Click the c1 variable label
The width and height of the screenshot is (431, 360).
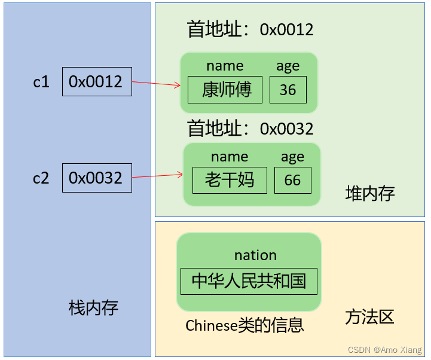41,82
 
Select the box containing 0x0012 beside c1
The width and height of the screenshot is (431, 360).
97,82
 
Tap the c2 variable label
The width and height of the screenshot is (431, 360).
41,178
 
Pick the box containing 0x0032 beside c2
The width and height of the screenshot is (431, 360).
97,178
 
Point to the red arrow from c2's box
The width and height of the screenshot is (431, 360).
157,176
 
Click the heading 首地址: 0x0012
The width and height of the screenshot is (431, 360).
250,30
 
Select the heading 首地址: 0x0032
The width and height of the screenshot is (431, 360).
250,129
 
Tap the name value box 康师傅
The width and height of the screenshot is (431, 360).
225,90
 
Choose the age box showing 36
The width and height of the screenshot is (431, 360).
288,90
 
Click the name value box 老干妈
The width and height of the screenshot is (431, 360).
230,180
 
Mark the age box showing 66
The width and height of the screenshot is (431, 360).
293,180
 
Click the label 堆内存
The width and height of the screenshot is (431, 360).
370,193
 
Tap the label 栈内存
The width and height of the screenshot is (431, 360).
94,308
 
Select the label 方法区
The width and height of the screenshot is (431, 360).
369,317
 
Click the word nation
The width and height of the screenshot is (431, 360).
255,255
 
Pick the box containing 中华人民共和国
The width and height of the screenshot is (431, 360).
249,281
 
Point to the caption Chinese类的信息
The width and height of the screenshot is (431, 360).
245,325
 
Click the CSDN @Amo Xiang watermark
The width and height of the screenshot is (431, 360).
384,350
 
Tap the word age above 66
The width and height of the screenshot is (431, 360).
292,157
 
